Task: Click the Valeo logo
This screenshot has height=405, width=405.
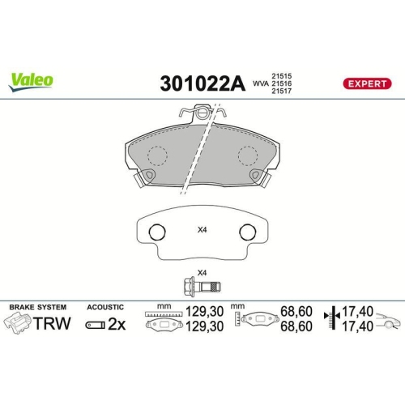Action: (32, 79)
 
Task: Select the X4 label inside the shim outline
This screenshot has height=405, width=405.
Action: (202, 229)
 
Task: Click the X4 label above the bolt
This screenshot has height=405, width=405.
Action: (202, 272)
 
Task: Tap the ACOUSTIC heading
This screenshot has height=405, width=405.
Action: (105, 308)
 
